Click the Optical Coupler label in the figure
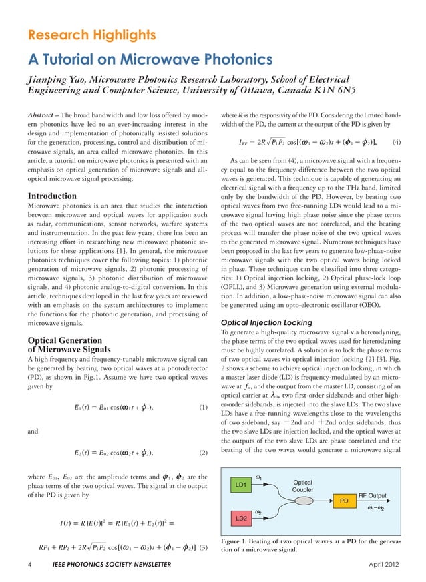pyautogui.click(x=303, y=485)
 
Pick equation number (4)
pyautogui.click(x=396, y=142)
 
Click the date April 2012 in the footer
pyautogui.click(x=386, y=565)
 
